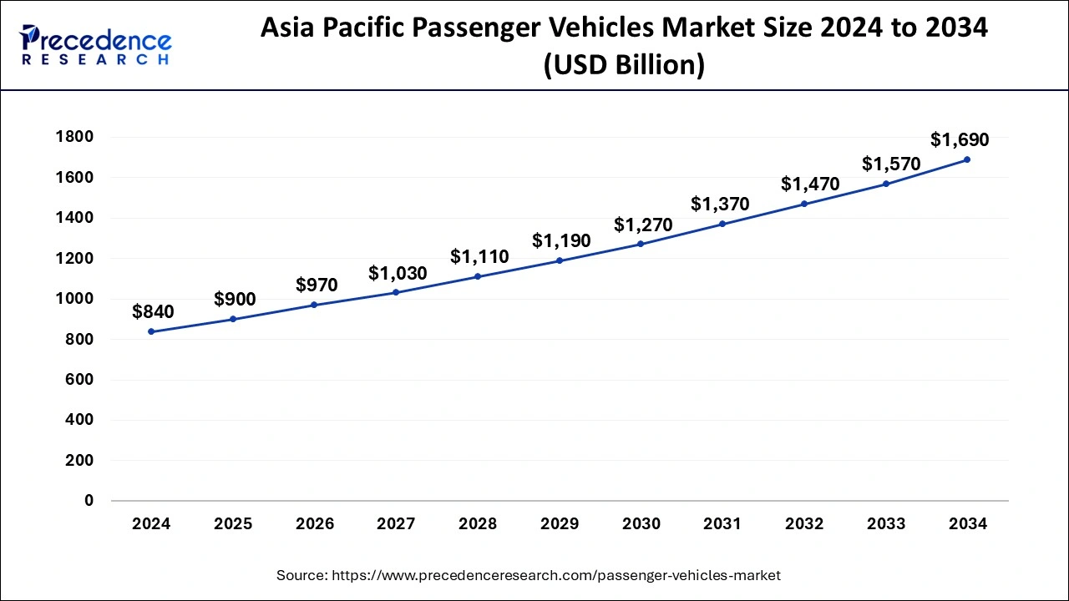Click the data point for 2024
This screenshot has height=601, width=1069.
pyautogui.click(x=151, y=331)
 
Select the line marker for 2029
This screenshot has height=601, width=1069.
pyautogui.click(x=560, y=260)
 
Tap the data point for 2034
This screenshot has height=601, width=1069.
pyautogui.click(x=967, y=159)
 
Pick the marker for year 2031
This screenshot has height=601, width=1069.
pyautogui.click(x=722, y=224)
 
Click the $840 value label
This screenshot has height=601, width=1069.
pyautogui.click(x=153, y=312)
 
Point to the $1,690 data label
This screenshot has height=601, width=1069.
pyautogui.click(x=960, y=139)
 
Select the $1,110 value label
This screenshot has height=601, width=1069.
pyautogui.click(x=479, y=257)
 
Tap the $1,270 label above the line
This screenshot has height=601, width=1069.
pyautogui.click(x=643, y=225)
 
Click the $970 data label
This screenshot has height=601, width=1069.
pyautogui.click(x=317, y=285)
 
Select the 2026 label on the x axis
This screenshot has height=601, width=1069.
pyautogui.click(x=315, y=524)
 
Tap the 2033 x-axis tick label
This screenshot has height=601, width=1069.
pyautogui.click(x=886, y=524)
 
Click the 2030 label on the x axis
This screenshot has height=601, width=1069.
pyautogui.click(x=641, y=524)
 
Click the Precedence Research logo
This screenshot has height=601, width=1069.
pyautogui.click(x=96, y=45)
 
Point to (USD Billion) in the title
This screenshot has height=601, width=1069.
pyautogui.click(x=624, y=64)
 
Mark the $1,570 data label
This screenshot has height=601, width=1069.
pyautogui.click(x=891, y=164)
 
